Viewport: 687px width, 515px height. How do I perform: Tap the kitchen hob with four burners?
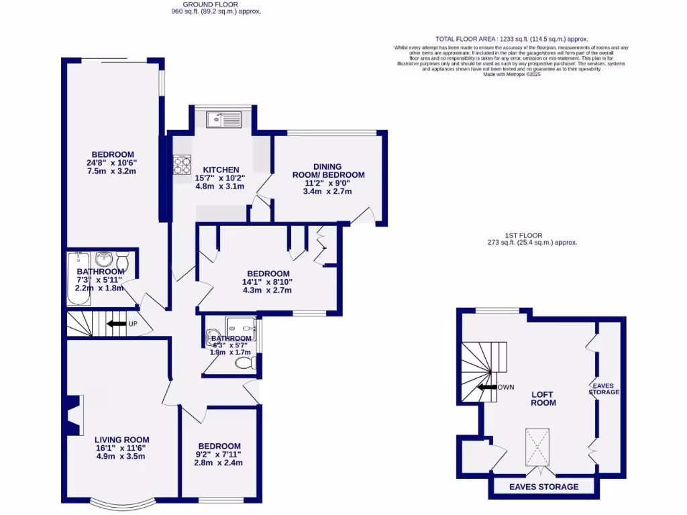pos(182,165)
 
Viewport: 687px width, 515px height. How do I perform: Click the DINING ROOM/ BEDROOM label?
pos(329,171)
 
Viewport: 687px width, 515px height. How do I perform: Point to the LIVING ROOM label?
pos(121,440)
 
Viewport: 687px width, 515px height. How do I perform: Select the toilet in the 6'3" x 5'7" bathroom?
pos(243,363)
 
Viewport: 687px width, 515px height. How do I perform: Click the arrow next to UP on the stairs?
pos(116,324)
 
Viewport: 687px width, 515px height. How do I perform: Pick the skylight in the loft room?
pos(536,447)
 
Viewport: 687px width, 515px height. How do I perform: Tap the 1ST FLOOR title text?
pos(523,235)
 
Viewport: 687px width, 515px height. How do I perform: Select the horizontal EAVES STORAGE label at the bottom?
pos(543,487)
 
